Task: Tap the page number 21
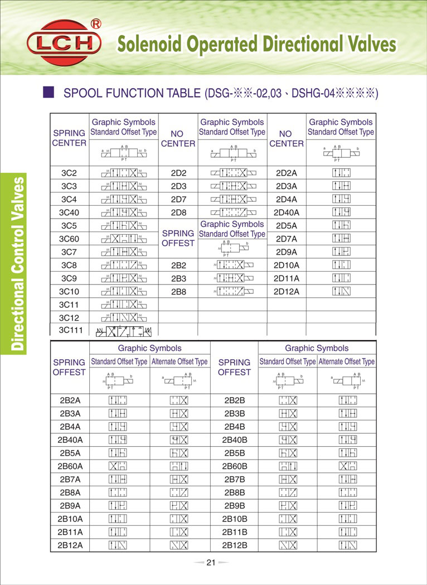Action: coord(211,562)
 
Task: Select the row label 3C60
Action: coord(69,239)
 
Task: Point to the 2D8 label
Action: coord(178,212)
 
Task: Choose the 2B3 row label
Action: coord(178,278)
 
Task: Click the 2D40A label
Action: coord(287,212)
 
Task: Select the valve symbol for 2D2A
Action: coord(341,172)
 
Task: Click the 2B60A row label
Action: coord(70,466)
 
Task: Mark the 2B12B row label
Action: coord(235,545)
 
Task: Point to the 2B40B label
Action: coord(235,439)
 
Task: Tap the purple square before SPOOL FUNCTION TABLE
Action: coord(48,92)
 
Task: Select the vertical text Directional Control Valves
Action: coord(18,263)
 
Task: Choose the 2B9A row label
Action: coord(70,505)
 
